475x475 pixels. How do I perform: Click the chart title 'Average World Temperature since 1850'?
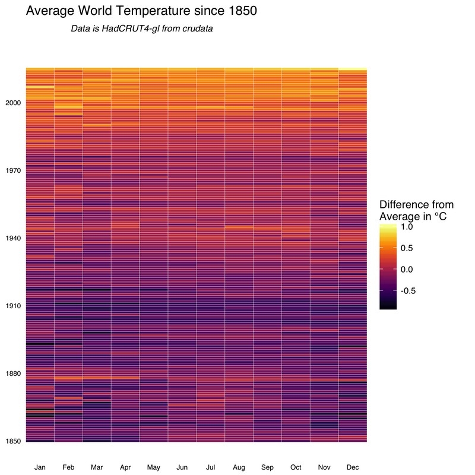(x=141, y=11)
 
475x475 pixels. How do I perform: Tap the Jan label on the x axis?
(x=40, y=468)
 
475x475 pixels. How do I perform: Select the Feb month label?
(x=68, y=468)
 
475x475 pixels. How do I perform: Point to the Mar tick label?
(x=97, y=468)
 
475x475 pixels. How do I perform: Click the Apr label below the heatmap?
(x=125, y=468)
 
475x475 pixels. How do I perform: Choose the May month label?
(x=154, y=468)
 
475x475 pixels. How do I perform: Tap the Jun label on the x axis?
(x=182, y=468)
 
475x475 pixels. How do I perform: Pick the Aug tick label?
(x=239, y=468)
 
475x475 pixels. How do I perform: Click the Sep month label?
(x=267, y=468)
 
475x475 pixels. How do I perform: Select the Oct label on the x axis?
(x=296, y=468)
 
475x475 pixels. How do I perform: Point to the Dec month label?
(x=353, y=468)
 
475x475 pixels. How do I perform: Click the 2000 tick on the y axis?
(x=13, y=103)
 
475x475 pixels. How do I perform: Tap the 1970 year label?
(x=13, y=170)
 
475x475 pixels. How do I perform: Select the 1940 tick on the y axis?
(x=13, y=238)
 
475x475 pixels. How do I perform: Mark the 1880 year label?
(x=13, y=373)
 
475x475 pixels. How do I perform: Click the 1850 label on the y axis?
(x=13, y=441)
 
